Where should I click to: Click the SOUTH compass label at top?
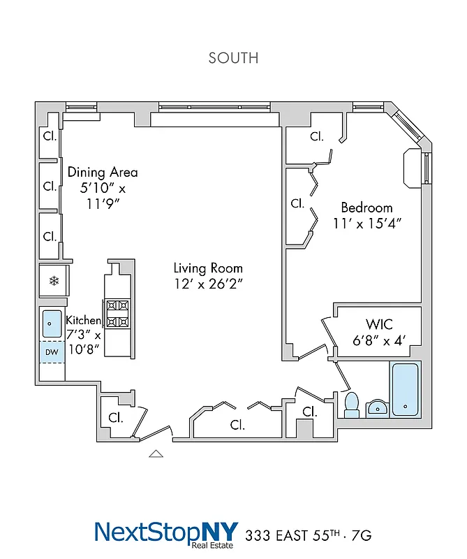click(233, 58)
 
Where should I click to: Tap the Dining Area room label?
click(103, 172)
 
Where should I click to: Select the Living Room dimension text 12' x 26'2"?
click(208, 284)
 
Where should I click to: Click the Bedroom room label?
click(366, 208)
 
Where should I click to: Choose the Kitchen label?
click(83, 320)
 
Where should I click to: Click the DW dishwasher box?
click(52, 352)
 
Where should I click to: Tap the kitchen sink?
click(52, 324)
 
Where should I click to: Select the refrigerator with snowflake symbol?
click(52, 281)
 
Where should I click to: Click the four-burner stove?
click(117, 314)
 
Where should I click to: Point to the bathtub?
click(404, 390)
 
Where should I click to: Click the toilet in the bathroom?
click(352, 404)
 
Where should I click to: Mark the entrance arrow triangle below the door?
click(156, 453)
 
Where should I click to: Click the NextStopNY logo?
click(166, 532)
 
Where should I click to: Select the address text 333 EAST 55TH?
click(294, 536)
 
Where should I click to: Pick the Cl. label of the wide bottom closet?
click(237, 424)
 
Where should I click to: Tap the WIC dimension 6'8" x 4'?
click(379, 341)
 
